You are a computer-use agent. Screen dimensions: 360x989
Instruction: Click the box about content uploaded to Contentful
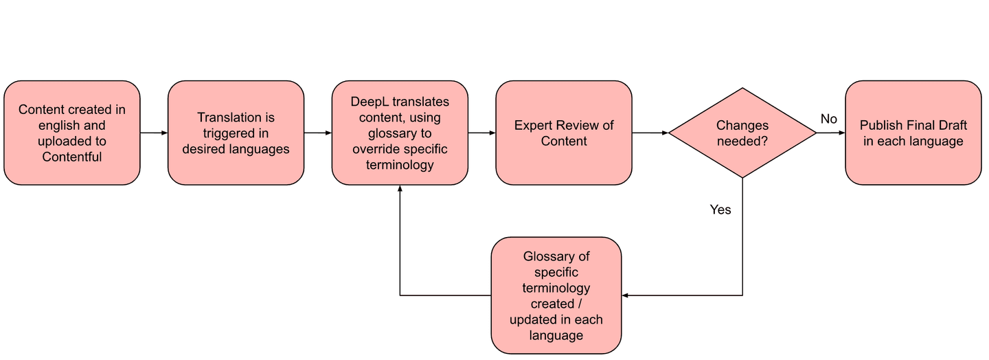coord(72,133)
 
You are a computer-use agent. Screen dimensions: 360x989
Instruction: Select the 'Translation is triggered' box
coord(236,133)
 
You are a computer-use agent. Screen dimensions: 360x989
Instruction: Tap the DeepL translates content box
coord(400,133)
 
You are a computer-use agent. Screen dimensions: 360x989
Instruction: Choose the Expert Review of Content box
coord(564,133)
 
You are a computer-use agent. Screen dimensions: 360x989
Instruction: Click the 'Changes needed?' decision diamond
coord(742,133)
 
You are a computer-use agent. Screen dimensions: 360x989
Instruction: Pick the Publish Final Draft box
coord(913,133)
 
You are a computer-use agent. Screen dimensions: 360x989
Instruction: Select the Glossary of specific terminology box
coord(556,295)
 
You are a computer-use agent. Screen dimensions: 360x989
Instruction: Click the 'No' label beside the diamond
coord(829,119)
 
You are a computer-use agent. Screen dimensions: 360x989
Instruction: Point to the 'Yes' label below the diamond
coord(720,210)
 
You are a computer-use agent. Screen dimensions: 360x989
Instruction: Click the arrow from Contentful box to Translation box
coord(154,133)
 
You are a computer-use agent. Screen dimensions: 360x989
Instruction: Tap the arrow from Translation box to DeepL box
coord(318,133)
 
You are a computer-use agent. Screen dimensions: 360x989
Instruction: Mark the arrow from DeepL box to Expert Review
coord(482,133)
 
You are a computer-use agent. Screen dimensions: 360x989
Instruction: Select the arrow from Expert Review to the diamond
coord(650,133)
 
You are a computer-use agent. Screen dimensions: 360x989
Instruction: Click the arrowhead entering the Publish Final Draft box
coord(842,133)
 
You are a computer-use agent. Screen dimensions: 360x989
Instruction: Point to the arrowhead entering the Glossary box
coord(626,295)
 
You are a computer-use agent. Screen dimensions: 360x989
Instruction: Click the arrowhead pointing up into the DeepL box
coord(400,188)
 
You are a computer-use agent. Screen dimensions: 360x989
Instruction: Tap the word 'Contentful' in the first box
coord(72,157)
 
